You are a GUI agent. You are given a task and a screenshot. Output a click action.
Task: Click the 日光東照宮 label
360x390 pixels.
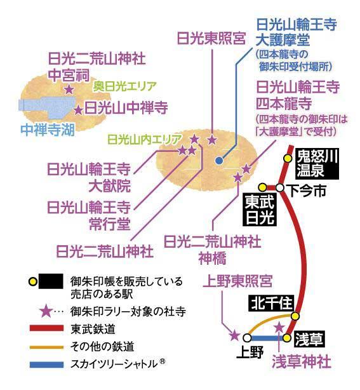(211, 39)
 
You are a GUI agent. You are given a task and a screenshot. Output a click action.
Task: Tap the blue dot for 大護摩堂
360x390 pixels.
(219, 161)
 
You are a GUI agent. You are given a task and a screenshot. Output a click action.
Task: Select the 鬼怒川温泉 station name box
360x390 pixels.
(317, 163)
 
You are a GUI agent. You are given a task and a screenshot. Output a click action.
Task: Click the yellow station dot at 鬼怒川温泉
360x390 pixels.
(288, 158)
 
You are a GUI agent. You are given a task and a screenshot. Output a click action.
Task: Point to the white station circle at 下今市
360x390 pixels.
(280, 188)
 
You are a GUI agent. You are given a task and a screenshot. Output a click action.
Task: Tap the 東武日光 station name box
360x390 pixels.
(260, 210)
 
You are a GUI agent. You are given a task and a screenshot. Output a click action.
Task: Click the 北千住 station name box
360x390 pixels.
(272, 304)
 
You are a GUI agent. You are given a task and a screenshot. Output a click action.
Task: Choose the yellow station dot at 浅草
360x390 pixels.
(287, 338)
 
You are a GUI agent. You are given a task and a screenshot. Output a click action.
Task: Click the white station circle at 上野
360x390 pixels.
(247, 338)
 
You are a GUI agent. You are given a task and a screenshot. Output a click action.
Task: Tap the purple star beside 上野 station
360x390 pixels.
(234, 335)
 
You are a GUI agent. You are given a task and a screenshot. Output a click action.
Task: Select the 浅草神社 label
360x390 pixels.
(302, 361)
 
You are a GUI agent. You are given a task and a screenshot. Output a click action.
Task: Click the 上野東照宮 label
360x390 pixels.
(237, 281)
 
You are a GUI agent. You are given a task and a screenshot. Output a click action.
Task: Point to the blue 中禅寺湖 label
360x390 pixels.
(48, 130)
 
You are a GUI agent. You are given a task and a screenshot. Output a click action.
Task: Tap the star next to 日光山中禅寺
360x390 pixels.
(78, 110)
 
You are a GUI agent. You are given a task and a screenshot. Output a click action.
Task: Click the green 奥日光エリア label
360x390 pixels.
(125, 86)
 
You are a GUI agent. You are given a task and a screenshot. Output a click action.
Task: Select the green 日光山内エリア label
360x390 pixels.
(145, 140)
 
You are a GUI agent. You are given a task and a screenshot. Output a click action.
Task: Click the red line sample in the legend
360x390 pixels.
(46, 328)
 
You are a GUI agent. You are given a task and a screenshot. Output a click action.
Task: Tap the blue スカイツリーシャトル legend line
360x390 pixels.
(46, 365)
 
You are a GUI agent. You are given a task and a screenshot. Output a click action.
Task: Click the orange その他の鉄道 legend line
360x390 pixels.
(46, 347)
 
